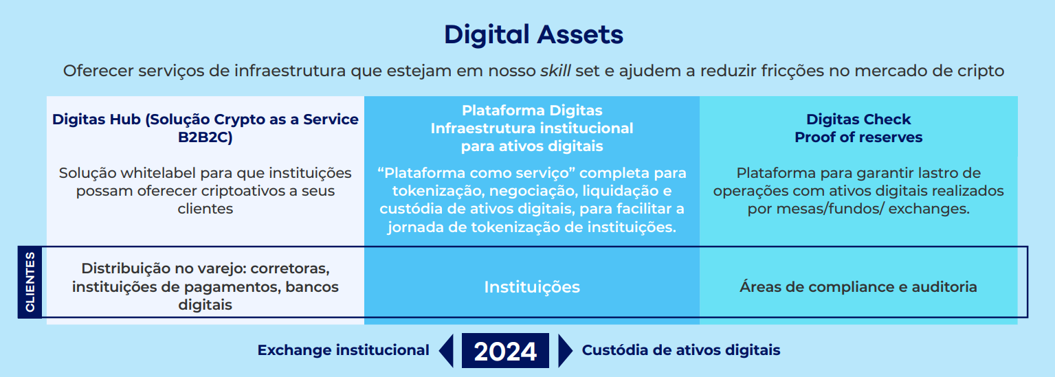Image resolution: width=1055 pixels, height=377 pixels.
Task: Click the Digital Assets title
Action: pos(533,34)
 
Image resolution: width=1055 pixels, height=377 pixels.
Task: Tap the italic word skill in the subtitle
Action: pos(555,71)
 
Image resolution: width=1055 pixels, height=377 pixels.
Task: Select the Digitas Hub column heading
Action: pos(206,128)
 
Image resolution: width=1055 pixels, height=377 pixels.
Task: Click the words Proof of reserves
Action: pos(858,137)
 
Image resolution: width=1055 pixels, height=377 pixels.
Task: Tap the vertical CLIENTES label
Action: pos(30,282)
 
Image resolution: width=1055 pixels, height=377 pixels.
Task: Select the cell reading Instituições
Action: pos(532,286)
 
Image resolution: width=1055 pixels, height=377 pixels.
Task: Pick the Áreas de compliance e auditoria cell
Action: pos(858,286)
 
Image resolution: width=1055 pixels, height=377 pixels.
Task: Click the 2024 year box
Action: pos(505,351)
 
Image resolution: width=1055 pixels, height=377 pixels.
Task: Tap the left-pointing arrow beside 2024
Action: pos(446,351)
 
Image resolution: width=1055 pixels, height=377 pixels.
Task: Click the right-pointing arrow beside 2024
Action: pos(565,351)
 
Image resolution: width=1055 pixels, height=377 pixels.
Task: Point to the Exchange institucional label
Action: pos(344,350)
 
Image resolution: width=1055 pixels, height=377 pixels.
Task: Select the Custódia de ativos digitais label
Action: pos(681,350)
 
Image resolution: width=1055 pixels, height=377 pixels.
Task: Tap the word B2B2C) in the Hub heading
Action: pos(206,137)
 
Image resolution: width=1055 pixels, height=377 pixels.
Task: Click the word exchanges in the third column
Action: pos(929,209)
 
